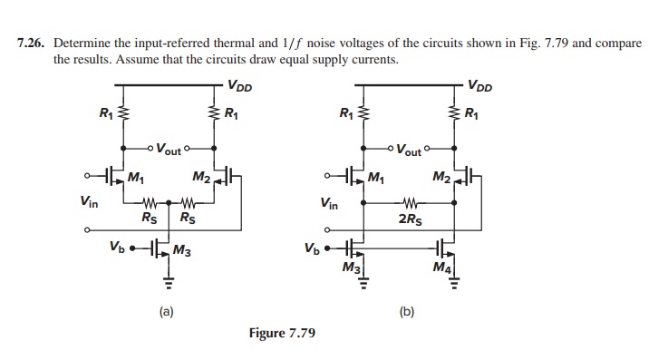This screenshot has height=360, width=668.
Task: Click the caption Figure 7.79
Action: tap(282, 333)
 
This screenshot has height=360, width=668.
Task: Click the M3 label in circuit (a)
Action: tap(181, 250)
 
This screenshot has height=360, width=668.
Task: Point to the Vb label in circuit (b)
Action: tap(312, 246)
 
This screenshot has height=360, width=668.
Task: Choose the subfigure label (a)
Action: tap(166, 311)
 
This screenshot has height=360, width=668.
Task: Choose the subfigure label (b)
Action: tap(407, 311)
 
